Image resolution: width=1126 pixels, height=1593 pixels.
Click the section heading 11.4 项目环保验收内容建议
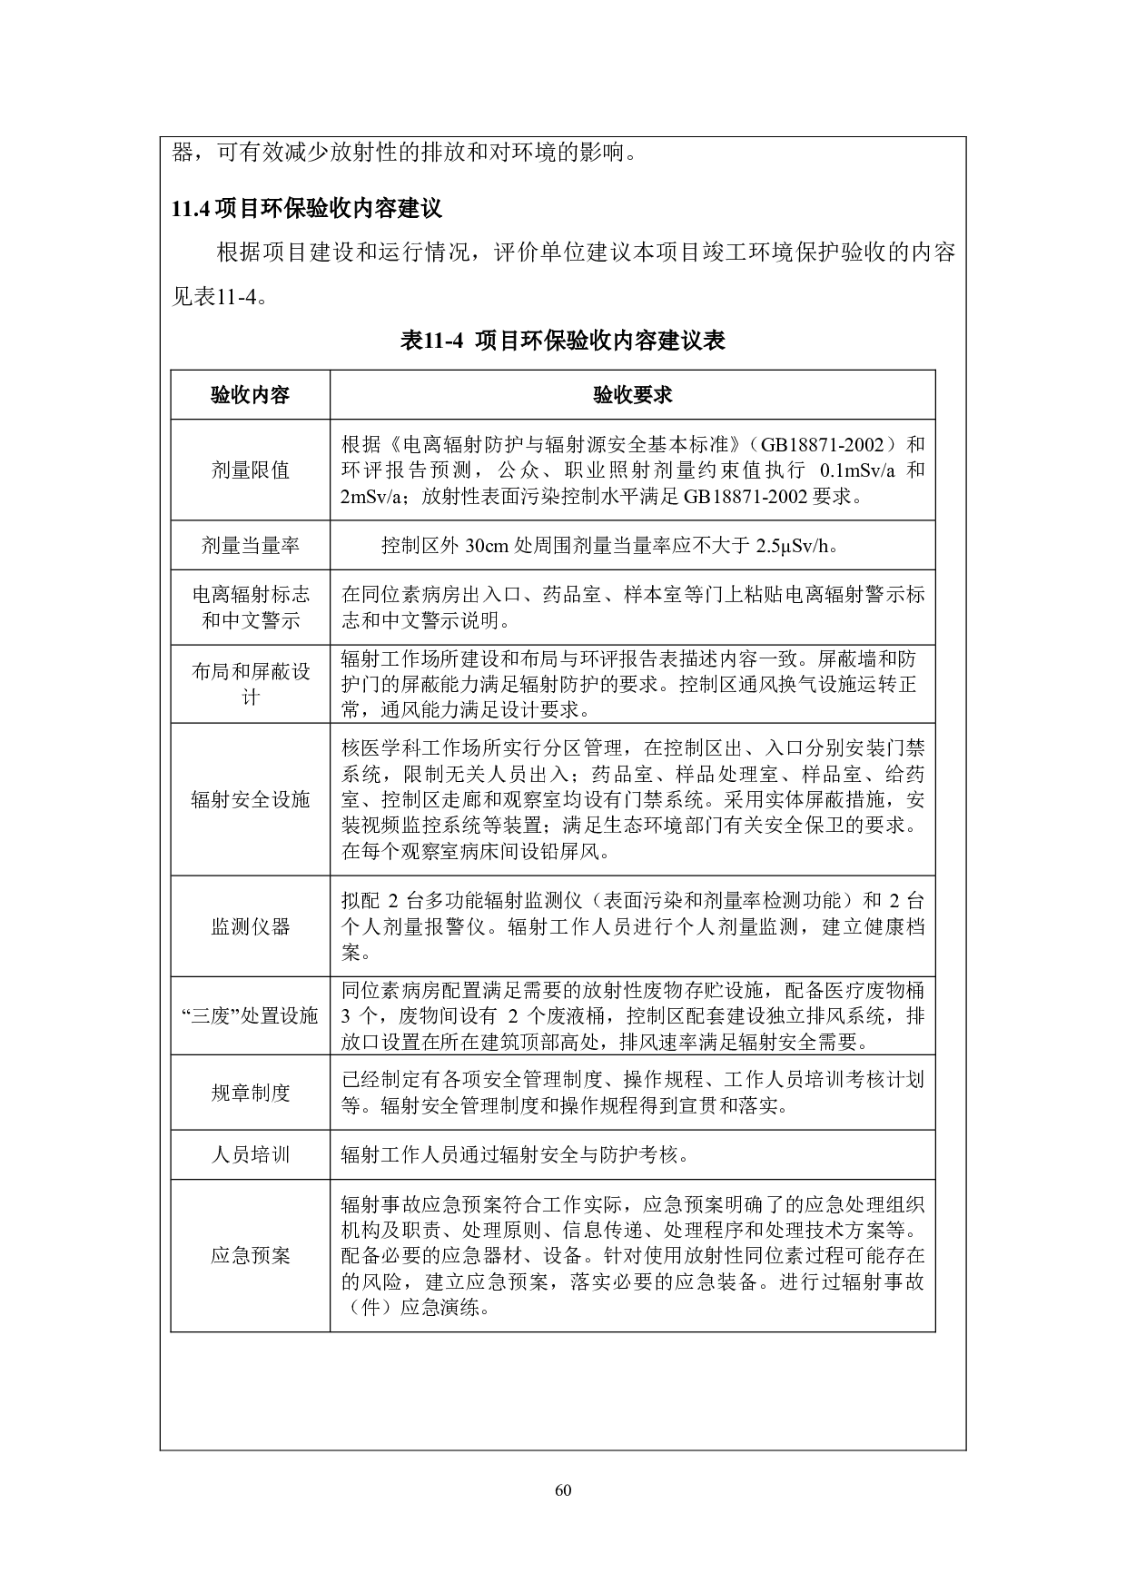tap(307, 209)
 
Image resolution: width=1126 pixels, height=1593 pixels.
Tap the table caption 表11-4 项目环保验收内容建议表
tap(562, 341)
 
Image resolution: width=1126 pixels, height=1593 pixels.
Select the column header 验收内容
tap(250, 395)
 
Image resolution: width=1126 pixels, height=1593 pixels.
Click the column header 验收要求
tap(632, 395)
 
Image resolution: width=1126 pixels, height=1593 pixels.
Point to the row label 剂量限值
tap(250, 470)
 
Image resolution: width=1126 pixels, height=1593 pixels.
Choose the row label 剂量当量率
tap(250, 546)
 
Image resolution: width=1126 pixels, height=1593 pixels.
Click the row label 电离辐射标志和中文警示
tap(250, 608)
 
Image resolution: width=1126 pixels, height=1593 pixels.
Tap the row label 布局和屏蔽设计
tap(250, 684)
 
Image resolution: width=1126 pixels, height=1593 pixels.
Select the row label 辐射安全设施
tap(250, 799)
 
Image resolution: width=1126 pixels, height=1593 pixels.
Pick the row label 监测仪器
tap(250, 926)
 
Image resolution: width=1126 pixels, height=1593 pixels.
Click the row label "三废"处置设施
tap(250, 1015)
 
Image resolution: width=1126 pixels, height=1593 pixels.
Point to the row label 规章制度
tap(250, 1093)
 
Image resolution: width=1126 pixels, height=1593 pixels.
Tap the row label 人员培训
tap(250, 1155)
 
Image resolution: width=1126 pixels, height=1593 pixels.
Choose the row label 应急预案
tap(250, 1256)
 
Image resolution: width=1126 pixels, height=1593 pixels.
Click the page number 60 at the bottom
tap(563, 1490)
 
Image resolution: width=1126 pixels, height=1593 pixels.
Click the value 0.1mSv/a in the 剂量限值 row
tap(857, 470)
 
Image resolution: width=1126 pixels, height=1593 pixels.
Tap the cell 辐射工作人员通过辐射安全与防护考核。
tap(514, 1155)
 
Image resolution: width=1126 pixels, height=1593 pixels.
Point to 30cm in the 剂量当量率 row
tap(489, 546)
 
